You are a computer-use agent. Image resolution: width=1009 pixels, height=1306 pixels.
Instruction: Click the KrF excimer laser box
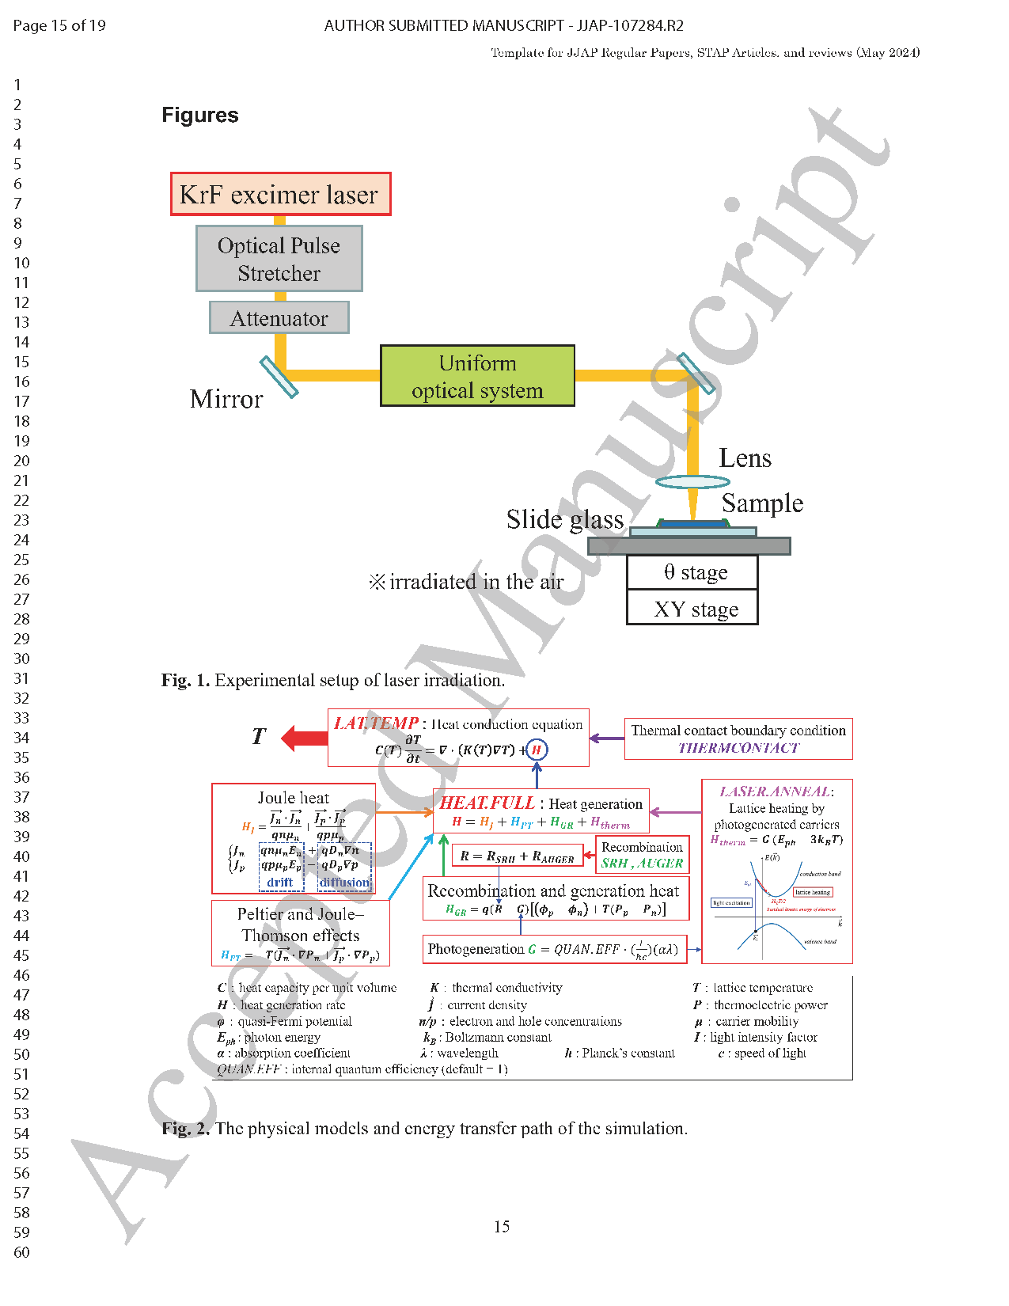[280, 195]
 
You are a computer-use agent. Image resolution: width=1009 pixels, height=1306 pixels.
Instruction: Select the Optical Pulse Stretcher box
[279, 259]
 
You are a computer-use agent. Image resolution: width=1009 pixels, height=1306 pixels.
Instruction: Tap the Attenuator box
[279, 318]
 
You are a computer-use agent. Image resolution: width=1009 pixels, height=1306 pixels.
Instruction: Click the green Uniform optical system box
[477, 376]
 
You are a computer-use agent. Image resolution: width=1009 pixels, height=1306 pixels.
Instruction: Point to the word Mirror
[226, 400]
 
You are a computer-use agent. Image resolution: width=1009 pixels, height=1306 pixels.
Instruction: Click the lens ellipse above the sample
[692, 481]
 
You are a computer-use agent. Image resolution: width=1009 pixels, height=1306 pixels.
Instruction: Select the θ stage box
[692, 572]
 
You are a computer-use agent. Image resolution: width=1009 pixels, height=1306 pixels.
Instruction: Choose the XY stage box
[692, 609]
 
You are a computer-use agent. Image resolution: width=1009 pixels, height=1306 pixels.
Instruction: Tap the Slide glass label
[565, 519]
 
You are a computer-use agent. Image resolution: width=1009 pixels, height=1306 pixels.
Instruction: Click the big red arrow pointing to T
[305, 738]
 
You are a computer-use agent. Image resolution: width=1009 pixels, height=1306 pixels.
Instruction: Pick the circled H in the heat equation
[537, 750]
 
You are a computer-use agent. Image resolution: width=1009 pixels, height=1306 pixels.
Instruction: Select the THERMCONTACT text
[738, 748]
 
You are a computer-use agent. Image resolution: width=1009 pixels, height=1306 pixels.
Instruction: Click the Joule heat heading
[293, 798]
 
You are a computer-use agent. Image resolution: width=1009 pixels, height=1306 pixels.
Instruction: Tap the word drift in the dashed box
[279, 883]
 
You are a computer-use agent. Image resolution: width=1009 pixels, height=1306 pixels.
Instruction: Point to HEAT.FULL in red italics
[487, 803]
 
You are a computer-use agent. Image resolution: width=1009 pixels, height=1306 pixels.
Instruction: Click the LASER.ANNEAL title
[775, 792]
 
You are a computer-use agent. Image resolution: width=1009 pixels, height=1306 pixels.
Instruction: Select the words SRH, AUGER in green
[642, 864]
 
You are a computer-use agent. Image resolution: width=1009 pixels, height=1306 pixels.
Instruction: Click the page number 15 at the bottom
[502, 1226]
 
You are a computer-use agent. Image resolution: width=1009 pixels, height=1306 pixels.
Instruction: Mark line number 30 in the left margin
[21, 659]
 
